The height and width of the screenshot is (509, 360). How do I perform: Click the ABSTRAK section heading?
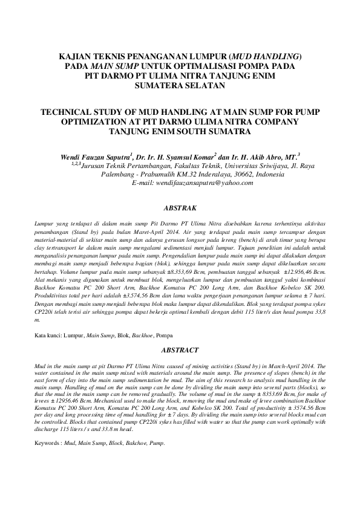click(x=180, y=206)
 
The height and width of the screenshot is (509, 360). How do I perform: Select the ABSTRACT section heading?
click(x=180, y=350)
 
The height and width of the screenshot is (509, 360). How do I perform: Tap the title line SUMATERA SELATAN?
click(x=180, y=86)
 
